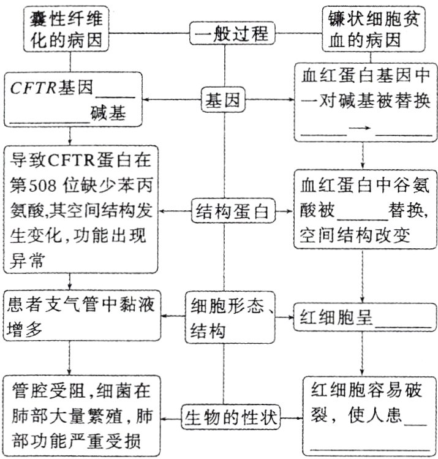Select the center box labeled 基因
222,100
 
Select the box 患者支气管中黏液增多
78,314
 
